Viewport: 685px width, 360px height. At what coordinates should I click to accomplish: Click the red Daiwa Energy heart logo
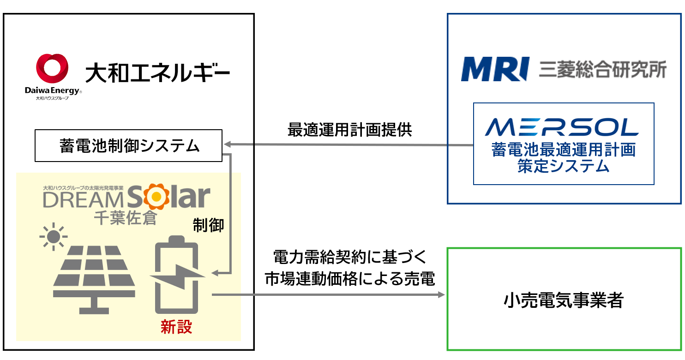[52, 69]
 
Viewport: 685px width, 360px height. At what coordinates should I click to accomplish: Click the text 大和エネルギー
[157, 73]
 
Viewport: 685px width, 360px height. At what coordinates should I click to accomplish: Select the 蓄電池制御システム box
[128, 146]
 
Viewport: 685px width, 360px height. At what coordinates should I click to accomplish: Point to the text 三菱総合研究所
[603, 70]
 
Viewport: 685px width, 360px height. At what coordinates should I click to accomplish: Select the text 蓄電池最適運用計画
[563, 150]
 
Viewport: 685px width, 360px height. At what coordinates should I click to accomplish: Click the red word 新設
[176, 327]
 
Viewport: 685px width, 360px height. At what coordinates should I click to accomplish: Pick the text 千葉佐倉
[125, 217]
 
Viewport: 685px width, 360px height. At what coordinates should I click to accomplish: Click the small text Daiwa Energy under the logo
[52, 91]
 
